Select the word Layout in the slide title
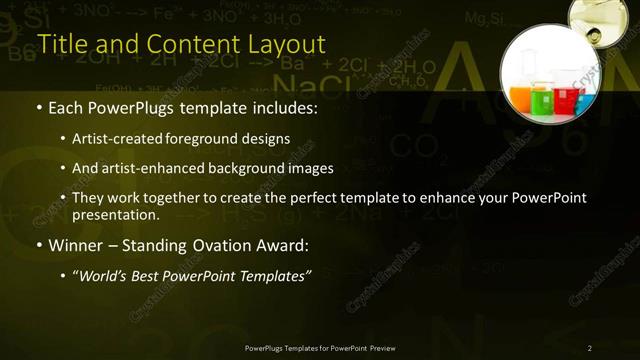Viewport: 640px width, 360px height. tap(288, 45)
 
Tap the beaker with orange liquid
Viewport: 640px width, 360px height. tap(521, 97)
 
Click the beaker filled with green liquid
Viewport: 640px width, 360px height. tap(542, 101)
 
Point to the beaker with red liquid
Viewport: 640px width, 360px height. tap(565, 99)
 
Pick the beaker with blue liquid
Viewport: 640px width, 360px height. tap(584, 101)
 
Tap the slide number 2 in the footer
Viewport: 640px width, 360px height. tap(590, 348)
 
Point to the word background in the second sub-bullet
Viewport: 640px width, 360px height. tap(243, 168)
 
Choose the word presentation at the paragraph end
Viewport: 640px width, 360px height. tap(115, 214)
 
